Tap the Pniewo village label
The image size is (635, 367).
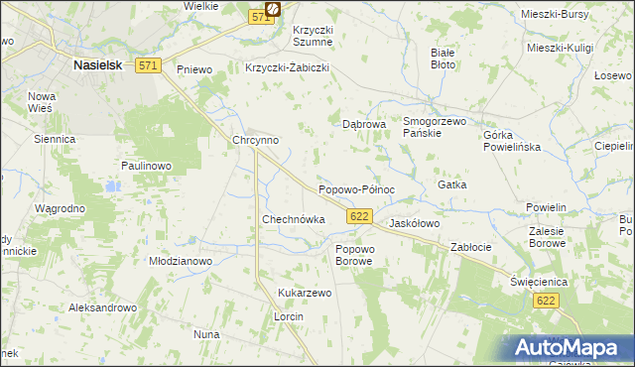coord(194,69)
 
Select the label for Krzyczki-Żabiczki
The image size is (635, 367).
coord(287,68)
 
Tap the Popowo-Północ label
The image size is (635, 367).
coord(356,188)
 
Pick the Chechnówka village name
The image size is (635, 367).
coord(294,219)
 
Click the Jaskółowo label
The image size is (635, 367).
coord(415,223)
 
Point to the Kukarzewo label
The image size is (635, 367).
coord(305,294)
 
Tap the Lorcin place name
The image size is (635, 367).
coord(288,316)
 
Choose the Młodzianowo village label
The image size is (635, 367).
coord(181,261)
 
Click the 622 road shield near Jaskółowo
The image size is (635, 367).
coord(360,215)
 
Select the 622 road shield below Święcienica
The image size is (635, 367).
coord(544,300)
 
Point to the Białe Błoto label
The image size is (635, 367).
coord(444,58)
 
